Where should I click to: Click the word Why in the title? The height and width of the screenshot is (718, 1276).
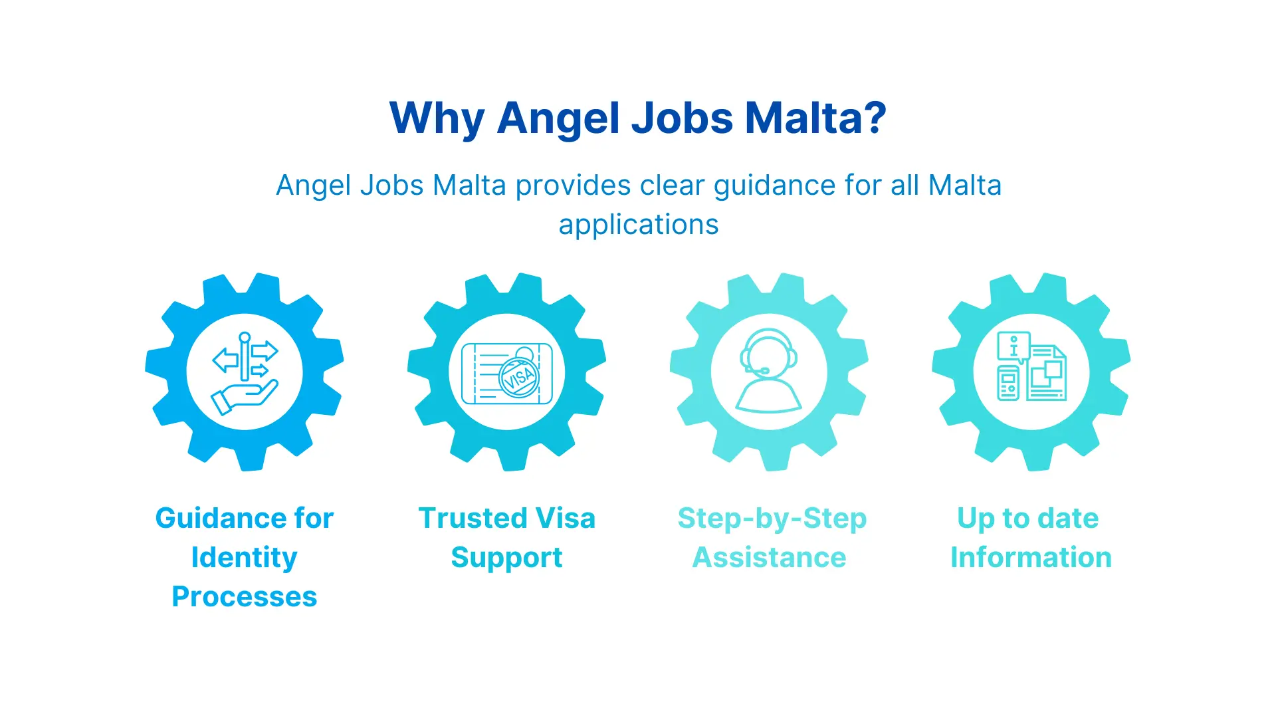click(437, 118)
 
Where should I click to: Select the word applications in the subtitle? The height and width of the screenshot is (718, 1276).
click(639, 225)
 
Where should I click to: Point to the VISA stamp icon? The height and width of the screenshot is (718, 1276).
click(519, 377)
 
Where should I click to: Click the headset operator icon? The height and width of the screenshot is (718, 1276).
click(769, 371)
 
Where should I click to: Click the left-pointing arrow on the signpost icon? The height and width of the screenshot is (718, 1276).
click(225, 360)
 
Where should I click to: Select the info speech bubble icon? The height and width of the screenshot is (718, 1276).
click(1013, 346)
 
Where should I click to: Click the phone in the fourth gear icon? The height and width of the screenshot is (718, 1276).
click(1008, 384)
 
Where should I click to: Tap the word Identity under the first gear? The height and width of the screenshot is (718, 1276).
click(244, 558)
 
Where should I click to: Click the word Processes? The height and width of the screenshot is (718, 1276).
click(244, 597)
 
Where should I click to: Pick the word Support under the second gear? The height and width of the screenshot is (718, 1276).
click(506, 558)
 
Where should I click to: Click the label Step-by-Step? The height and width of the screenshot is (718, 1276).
click(772, 519)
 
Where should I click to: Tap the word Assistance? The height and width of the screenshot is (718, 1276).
click(769, 558)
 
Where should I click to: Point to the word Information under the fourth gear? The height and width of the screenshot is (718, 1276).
click(1031, 558)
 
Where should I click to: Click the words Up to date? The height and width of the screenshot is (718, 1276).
click(1027, 519)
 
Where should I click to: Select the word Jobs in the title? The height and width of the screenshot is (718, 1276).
click(682, 118)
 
